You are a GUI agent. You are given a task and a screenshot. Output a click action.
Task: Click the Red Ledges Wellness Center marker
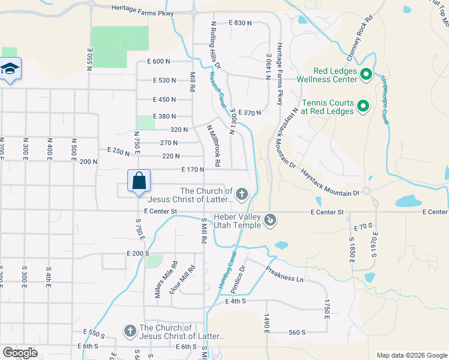pyautogui.click(x=366, y=76)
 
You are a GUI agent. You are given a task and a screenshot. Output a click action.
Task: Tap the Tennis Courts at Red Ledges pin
pyautogui.click(x=363, y=107)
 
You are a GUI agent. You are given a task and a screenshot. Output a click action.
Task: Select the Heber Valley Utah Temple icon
pyautogui.click(x=270, y=221)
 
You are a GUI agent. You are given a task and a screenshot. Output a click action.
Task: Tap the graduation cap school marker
pyautogui.click(x=10, y=69)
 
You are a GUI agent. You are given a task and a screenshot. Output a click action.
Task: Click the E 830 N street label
pyautogui.click(x=240, y=23)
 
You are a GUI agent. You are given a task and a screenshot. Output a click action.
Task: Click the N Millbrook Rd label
pyautogui.click(x=214, y=146)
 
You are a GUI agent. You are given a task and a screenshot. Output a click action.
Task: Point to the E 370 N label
pyautogui.click(x=250, y=113)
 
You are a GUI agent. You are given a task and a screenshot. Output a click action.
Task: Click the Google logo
pyautogui.click(x=20, y=352)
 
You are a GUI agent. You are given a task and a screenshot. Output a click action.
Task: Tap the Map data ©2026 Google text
pyautogui.click(x=412, y=355)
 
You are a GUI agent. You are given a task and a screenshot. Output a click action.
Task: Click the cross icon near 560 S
pyautogui.click(x=130, y=331)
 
